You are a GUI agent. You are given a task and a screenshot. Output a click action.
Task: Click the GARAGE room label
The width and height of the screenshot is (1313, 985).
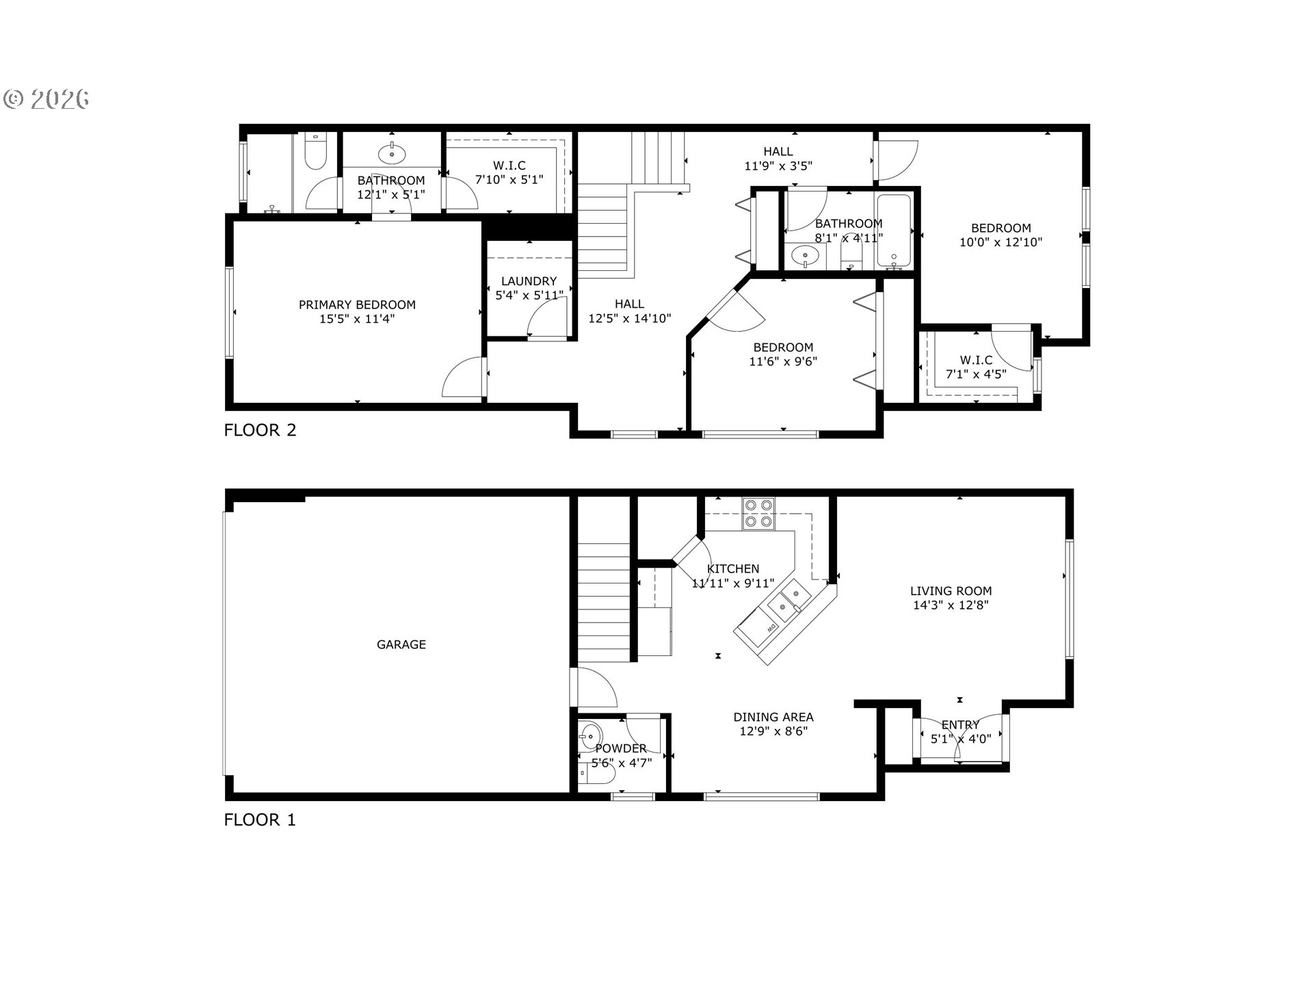[401, 644]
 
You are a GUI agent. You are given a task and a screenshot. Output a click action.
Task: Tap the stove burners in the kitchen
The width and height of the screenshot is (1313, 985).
[759, 513]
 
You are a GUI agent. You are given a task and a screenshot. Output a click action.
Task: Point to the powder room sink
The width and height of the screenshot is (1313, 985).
[588, 736]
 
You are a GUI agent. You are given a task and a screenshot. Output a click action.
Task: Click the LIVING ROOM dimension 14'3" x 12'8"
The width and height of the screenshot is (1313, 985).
[951, 605]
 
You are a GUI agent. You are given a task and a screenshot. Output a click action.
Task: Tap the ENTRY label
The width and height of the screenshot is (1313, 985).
[960, 724]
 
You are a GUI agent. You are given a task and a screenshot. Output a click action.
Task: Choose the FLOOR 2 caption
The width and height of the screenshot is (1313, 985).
[261, 430]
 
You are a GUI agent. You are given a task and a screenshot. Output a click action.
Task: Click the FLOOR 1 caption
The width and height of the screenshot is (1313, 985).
[261, 819]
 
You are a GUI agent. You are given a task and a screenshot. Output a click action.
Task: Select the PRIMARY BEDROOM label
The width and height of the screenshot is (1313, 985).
[357, 304]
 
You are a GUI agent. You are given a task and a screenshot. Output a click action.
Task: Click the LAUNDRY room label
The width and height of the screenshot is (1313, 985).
[529, 281]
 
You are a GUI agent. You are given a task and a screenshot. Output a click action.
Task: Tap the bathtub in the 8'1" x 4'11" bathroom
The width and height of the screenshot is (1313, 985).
[894, 231]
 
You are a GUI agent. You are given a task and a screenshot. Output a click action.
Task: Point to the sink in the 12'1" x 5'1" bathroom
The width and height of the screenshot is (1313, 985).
[391, 153]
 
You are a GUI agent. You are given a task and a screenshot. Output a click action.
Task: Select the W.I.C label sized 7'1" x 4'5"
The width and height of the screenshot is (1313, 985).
[976, 360]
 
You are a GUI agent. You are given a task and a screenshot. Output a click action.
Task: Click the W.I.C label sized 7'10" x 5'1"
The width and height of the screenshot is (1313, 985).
[509, 166]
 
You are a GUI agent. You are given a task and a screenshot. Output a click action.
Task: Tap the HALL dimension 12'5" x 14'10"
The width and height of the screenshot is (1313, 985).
[630, 318]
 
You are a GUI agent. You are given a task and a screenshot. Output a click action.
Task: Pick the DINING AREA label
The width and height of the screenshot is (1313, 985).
[773, 717]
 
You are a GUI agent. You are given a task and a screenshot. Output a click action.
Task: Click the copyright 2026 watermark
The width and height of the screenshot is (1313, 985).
[47, 99]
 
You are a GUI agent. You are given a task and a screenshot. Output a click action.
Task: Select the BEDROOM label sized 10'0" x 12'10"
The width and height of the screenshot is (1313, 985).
[1000, 228]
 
